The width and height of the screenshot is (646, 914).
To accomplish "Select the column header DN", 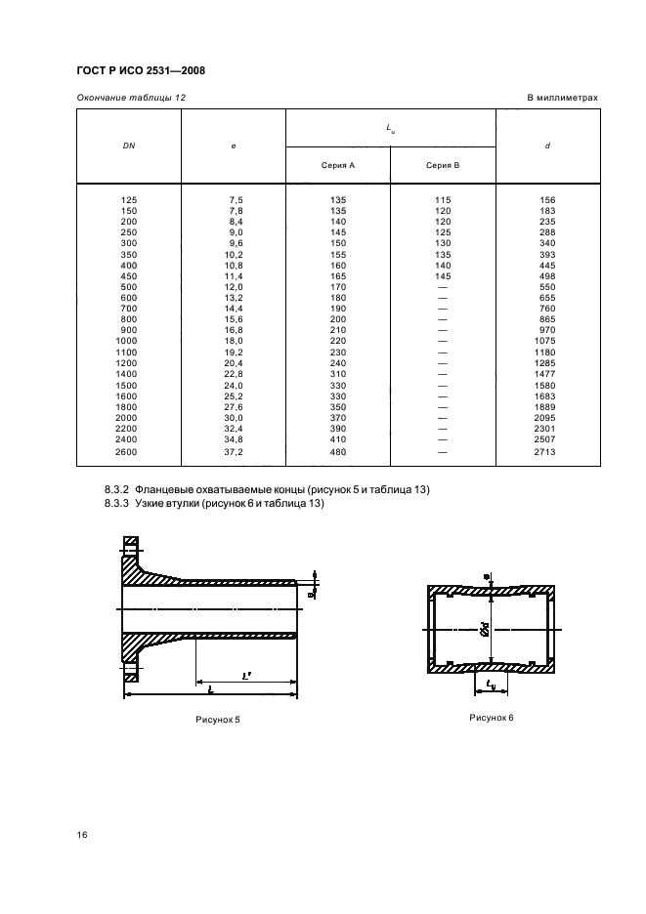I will [x=129, y=145].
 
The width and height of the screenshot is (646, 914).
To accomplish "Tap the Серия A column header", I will [x=337, y=165].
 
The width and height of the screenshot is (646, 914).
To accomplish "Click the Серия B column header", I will [x=443, y=165].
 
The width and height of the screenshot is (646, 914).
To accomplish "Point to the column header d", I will [x=546, y=145].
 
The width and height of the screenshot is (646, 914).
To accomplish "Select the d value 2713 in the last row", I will [x=546, y=454].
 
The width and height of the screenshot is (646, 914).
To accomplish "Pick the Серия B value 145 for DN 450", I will [x=443, y=275].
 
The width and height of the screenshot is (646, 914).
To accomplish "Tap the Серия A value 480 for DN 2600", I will [x=337, y=454].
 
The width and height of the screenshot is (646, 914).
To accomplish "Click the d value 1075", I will [x=546, y=340].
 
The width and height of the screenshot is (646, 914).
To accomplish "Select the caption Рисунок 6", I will [x=491, y=717].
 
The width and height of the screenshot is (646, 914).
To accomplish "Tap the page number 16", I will [x=82, y=836].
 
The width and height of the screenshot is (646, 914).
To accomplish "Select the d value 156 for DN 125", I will [x=546, y=200].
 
